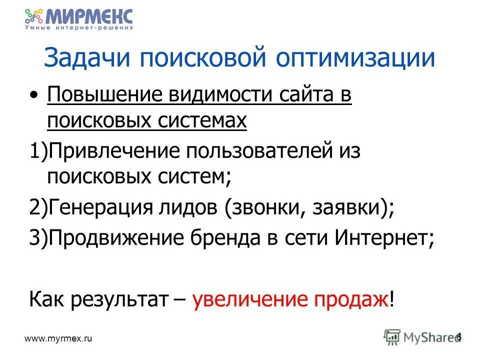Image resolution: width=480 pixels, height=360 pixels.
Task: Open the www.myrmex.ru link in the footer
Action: coord(59,338)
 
